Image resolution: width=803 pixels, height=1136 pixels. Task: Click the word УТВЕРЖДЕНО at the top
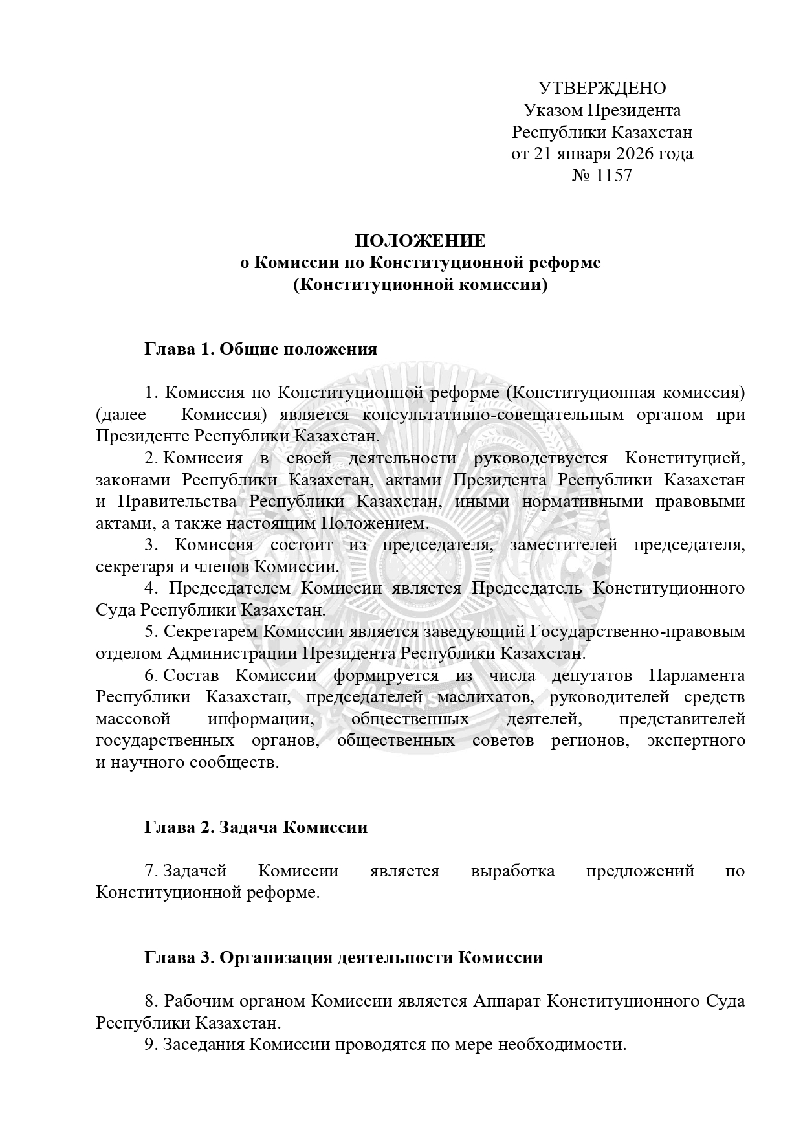(602, 88)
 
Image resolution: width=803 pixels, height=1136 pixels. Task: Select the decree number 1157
(612, 175)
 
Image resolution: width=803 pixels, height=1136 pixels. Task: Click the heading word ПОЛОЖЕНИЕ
(420, 241)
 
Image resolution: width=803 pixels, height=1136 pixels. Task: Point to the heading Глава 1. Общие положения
(260, 350)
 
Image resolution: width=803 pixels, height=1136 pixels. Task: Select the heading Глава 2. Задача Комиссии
(256, 827)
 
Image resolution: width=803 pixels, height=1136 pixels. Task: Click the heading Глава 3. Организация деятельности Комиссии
(343, 957)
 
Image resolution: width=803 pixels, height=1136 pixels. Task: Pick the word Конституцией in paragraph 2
(685, 458)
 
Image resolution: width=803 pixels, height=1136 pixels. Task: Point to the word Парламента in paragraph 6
(696, 675)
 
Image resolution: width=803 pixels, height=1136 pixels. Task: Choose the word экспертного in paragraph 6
(696, 741)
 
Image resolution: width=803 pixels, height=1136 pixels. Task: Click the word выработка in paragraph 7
(513, 871)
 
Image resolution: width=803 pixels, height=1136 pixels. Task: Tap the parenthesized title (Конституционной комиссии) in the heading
(420, 285)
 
